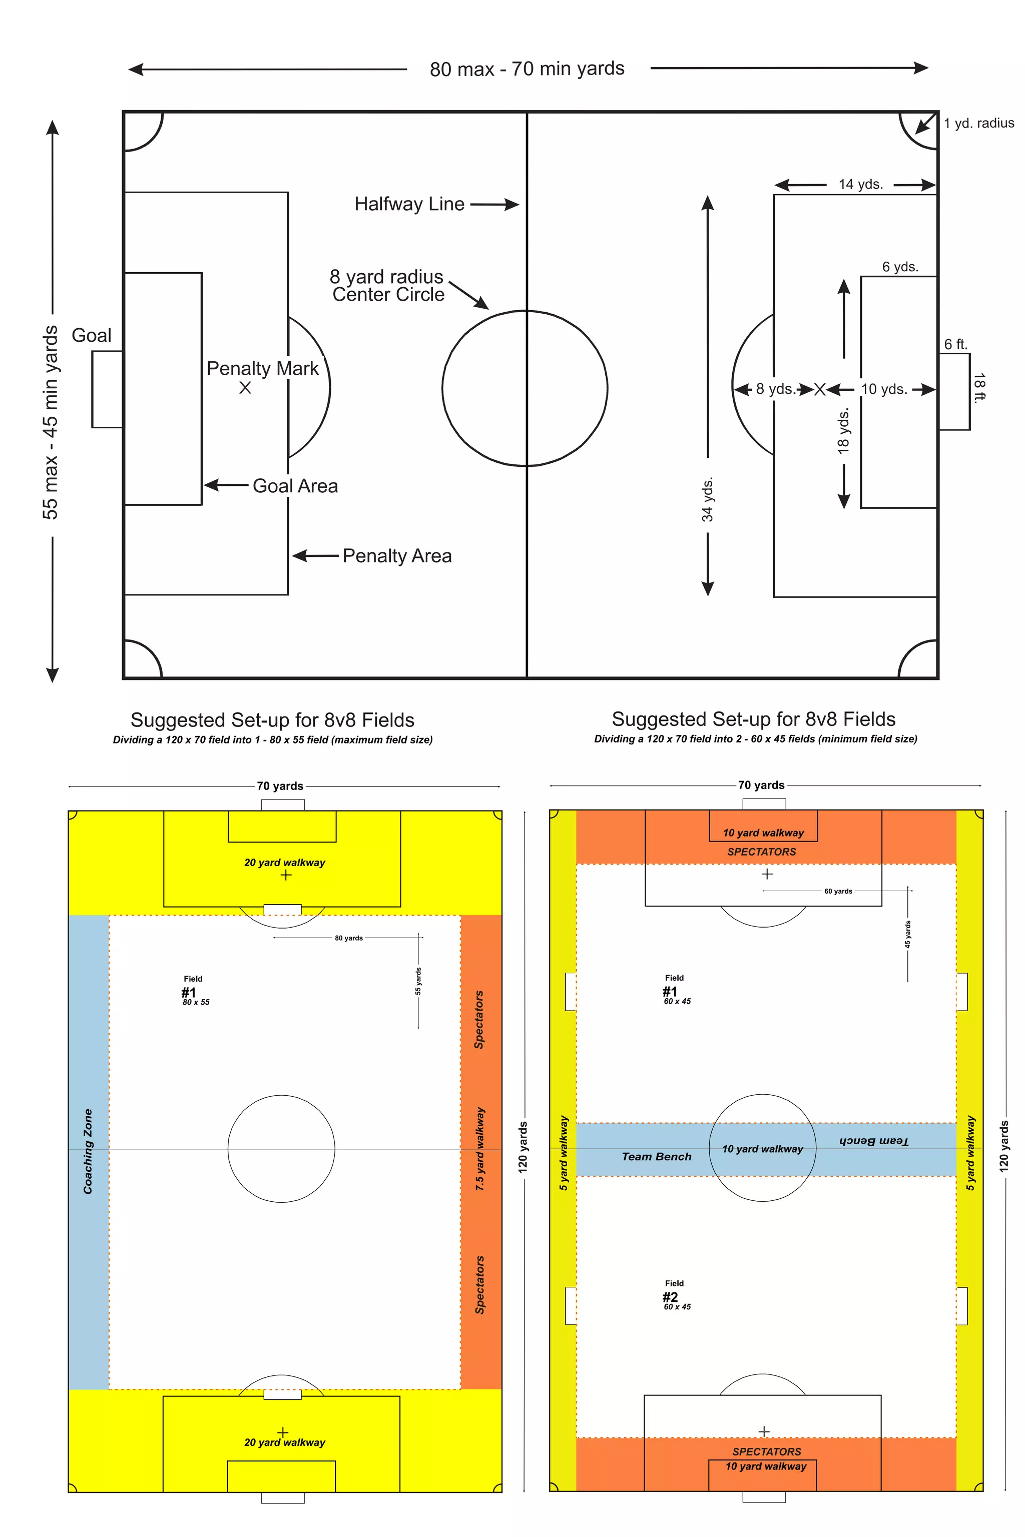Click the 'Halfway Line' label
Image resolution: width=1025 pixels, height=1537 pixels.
click(409, 204)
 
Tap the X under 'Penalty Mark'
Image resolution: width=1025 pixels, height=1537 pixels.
click(245, 388)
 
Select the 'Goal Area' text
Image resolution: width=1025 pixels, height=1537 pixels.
click(295, 485)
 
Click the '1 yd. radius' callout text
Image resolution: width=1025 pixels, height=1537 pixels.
click(978, 123)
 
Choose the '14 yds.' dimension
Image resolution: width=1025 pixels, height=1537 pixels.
click(860, 184)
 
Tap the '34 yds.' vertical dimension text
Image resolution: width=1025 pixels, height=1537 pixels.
click(707, 500)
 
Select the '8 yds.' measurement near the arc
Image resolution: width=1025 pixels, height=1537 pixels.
click(775, 389)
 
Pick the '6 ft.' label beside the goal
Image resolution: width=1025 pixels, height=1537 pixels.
click(955, 344)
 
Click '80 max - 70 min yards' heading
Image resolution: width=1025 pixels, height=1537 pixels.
click(527, 69)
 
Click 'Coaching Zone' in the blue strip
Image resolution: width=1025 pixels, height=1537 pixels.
click(88, 1151)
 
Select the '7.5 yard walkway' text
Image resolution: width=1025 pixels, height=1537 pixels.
click(480, 1148)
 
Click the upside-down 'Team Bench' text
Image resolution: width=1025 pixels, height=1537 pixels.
click(873, 1140)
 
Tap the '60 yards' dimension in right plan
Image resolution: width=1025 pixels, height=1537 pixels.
click(837, 892)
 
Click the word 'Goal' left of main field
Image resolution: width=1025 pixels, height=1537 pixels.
click(92, 335)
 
